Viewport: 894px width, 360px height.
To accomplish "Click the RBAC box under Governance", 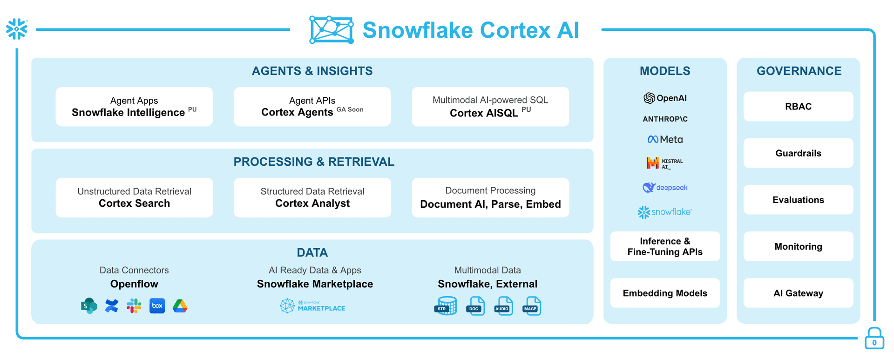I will (x=798, y=107).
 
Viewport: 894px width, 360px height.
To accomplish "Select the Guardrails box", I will (x=798, y=153).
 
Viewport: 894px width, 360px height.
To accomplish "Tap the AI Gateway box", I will (x=798, y=293).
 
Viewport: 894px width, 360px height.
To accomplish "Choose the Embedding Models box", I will (x=665, y=293).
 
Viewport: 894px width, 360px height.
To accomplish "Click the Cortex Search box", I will (x=134, y=197).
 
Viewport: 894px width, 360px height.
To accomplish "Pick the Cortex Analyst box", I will (x=312, y=197).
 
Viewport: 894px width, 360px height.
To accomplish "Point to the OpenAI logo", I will (x=665, y=98).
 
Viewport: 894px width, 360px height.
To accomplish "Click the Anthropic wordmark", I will (x=665, y=119).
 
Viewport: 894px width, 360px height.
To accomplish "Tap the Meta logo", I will (x=665, y=139).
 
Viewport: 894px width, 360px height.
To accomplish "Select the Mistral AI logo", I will (x=664, y=163).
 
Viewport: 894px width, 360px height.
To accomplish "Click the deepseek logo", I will (x=665, y=187).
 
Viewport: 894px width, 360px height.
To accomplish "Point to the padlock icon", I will (x=874, y=338).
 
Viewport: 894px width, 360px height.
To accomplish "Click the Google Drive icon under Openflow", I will (x=180, y=306).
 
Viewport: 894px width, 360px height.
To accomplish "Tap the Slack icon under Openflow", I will (x=134, y=306).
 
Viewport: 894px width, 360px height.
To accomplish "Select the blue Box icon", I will (x=157, y=306).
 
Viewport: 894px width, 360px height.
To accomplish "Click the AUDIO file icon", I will (x=503, y=306).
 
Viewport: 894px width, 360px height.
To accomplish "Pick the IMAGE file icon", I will (x=531, y=306).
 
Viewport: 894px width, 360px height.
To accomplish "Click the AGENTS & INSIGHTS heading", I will (x=312, y=71).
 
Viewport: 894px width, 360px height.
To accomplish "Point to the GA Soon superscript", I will (x=350, y=109).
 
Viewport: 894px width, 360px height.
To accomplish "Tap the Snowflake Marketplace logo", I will (x=312, y=306).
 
